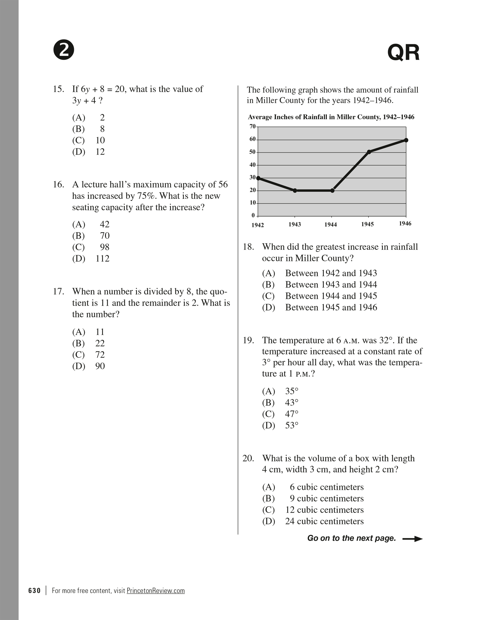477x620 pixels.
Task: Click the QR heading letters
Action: point(403,53)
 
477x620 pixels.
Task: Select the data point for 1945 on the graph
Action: point(369,152)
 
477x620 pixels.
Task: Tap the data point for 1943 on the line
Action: point(295,191)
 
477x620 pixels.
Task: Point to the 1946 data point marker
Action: point(406,140)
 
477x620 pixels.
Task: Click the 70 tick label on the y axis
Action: point(252,127)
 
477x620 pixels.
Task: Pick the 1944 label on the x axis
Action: point(331,224)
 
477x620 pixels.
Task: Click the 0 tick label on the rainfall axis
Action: point(253,215)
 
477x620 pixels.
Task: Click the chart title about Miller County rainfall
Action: point(331,117)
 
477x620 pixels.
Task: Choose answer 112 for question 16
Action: point(102,258)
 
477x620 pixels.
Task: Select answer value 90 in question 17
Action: point(100,366)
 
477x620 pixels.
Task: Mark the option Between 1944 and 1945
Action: point(331,296)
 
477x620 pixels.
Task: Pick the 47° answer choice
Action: point(292,414)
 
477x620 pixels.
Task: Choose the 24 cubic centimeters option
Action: point(324,521)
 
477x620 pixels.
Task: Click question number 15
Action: point(58,89)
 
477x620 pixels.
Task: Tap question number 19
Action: point(248,340)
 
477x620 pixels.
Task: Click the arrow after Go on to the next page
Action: point(412,539)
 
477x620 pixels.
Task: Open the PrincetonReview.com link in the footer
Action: point(156,591)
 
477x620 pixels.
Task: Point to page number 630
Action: point(34,591)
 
